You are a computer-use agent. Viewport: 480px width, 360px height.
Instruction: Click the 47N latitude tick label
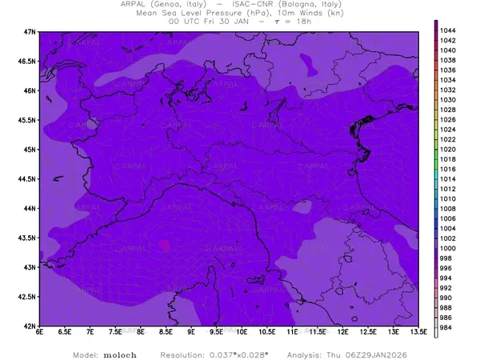(x=29, y=31)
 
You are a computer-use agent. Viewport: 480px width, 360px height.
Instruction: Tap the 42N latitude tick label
(x=29, y=326)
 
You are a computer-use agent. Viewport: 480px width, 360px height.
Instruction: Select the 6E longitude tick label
(x=39, y=332)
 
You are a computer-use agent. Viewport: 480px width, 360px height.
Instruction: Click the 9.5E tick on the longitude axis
(x=216, y=332)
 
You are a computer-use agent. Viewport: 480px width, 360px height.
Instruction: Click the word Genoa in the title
(x=174, y=4)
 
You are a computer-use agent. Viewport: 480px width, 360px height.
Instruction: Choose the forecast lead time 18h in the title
(x=303, y=22)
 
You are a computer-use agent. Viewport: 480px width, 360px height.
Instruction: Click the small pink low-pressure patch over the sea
(x=165, y=245)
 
